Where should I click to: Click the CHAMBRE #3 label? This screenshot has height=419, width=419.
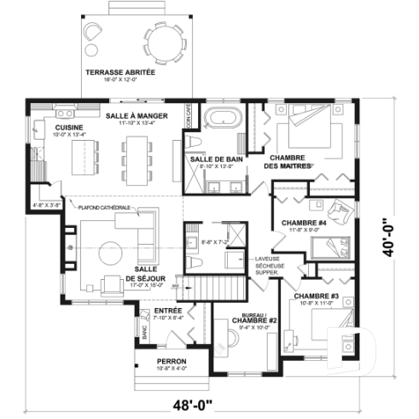coord(317,296)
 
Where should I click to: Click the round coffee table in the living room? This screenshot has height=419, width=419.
coord(109,253)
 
